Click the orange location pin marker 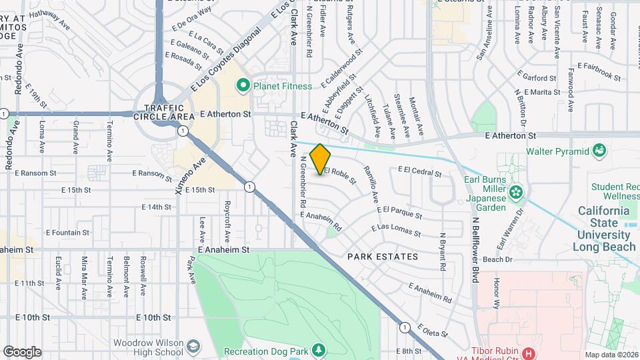pos(320,159)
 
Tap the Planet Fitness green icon pos(243,85)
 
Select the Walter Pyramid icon pos(598,151)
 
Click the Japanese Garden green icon pos(515,193)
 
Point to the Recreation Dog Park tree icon pos(319,350)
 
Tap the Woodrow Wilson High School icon pos(193,347)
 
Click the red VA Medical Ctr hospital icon pos(529,353)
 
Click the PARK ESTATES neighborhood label pos(383,257)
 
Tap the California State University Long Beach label pos(604,229)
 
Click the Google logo pos(22,351)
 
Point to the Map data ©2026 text pos(611,355)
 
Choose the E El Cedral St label pos(419,171)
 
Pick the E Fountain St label pos(67,233)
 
